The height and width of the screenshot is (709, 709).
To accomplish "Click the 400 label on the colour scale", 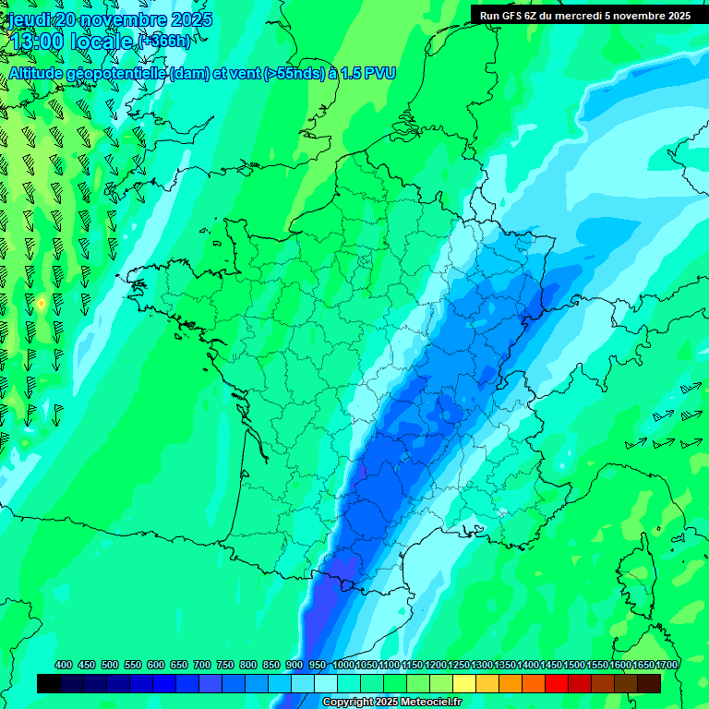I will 64,665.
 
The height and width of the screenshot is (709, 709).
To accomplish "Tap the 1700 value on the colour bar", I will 666,665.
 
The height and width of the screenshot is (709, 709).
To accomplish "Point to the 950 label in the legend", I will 318,665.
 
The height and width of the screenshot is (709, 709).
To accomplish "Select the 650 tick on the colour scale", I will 179,665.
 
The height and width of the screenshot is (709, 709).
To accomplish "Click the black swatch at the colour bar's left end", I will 49,683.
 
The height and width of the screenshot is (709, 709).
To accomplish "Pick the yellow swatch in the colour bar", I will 464,683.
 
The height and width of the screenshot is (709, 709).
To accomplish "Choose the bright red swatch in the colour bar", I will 557,683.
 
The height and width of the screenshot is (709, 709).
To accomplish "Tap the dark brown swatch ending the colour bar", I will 649,683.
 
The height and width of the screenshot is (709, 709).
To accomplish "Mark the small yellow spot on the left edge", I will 42,303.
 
